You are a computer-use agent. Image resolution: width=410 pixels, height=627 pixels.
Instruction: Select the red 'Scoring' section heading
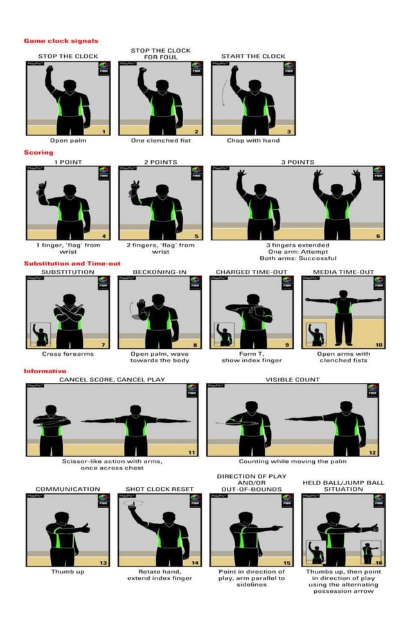coord(39,153)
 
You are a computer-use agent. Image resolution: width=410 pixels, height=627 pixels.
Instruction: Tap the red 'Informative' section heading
coord(45,371)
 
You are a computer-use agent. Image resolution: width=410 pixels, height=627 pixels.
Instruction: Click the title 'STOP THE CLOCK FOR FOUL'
coord(161,53)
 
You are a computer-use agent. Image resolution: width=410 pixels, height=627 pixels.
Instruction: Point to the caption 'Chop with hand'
coord(253,140)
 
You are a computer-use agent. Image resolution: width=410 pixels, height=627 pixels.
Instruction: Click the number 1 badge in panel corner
coord(104,131)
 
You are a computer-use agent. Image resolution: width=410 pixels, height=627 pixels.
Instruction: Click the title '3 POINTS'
coord(298,163)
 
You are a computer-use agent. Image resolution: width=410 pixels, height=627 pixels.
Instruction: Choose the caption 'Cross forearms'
coord(67,353)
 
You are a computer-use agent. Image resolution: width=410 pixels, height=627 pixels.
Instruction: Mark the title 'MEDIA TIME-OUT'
coord(343,272)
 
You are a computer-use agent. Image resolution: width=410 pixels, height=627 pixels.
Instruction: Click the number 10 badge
coord(379,345)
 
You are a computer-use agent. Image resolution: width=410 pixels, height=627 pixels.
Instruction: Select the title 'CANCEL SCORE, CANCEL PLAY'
coord(112,379)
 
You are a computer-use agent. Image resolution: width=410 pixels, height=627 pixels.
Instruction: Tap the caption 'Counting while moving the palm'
coord(292,461)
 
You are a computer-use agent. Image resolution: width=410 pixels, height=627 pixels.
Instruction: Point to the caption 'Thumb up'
coord(67,571)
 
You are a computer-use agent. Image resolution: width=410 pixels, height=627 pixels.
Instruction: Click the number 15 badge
coord(287,563)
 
